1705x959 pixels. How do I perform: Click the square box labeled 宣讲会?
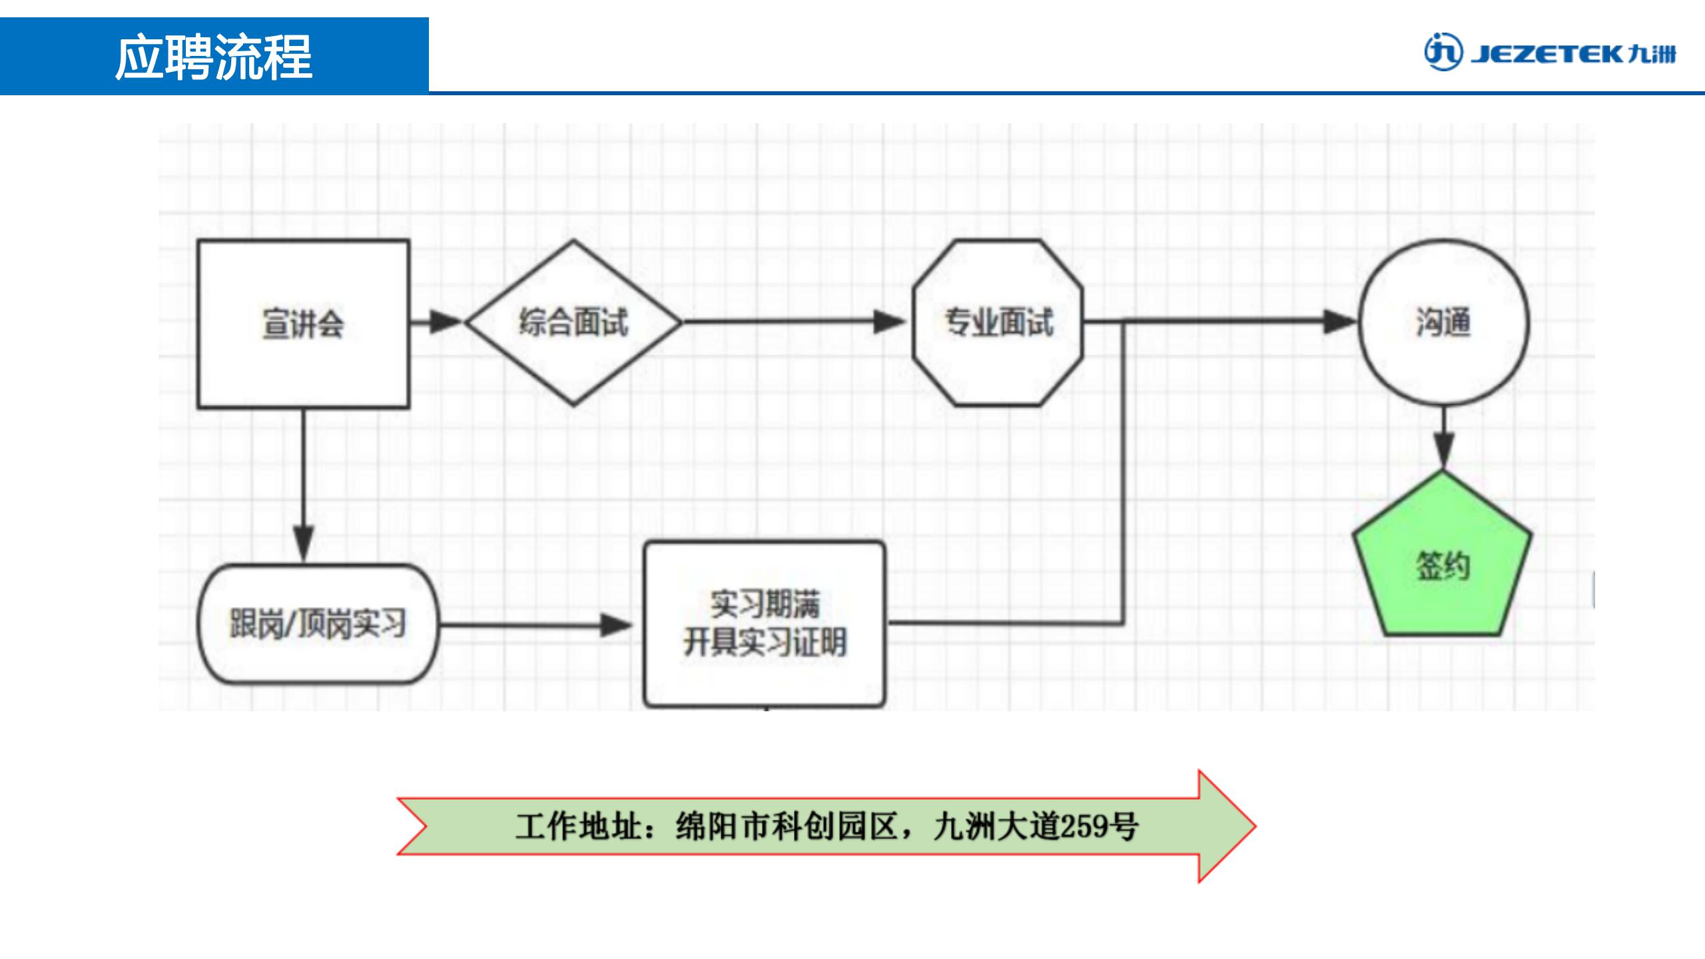[x=303, y=324]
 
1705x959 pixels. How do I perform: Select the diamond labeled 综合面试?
[x=573, y=322]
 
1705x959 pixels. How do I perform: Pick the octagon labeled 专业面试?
[x=998, y=322]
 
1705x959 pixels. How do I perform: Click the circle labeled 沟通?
[x=1443, y=322]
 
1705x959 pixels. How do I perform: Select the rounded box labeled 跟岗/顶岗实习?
[x=318, y=624]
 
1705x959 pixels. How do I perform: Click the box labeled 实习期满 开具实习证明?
[x=765, y=624]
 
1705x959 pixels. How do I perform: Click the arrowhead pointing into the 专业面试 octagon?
[x=889, y=322]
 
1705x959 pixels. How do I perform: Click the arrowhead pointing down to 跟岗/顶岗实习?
[x=304, y=543]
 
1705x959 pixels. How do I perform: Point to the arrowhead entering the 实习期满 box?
[x=615, y=625]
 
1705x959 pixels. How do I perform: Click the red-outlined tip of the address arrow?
[x=1239, y=826]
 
